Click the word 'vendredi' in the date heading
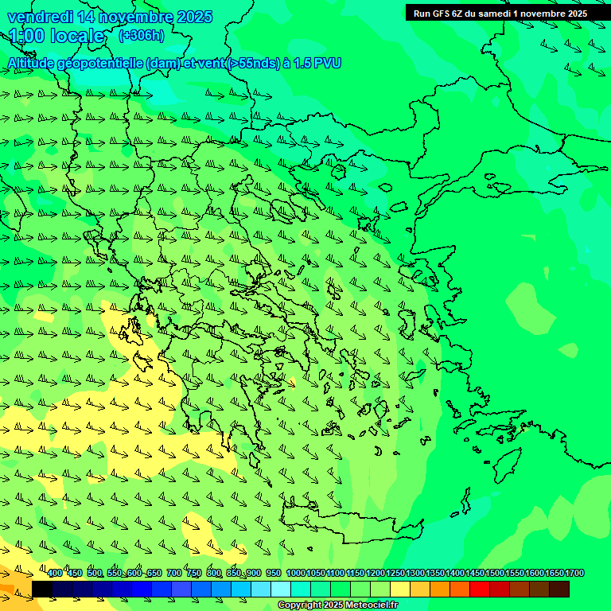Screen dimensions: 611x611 (39, 17)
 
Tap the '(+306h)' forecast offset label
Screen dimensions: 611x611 (141, 36)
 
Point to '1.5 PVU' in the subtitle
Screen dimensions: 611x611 (317, 63)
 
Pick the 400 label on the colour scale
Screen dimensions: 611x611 (54, 574)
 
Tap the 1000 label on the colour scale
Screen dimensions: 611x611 (295, 574)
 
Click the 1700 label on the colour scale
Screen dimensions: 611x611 (574, 574)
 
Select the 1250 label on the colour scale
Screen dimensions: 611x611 (395, 574)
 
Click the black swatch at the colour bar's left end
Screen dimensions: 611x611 (42, 589)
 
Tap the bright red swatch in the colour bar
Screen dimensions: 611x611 (480, 589)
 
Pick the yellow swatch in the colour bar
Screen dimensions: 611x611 (400, 589)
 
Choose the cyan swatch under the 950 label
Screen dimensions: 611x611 (281, 589)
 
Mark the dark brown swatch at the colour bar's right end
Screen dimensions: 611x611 (559, 589)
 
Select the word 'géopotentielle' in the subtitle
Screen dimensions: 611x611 (100, 63)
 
